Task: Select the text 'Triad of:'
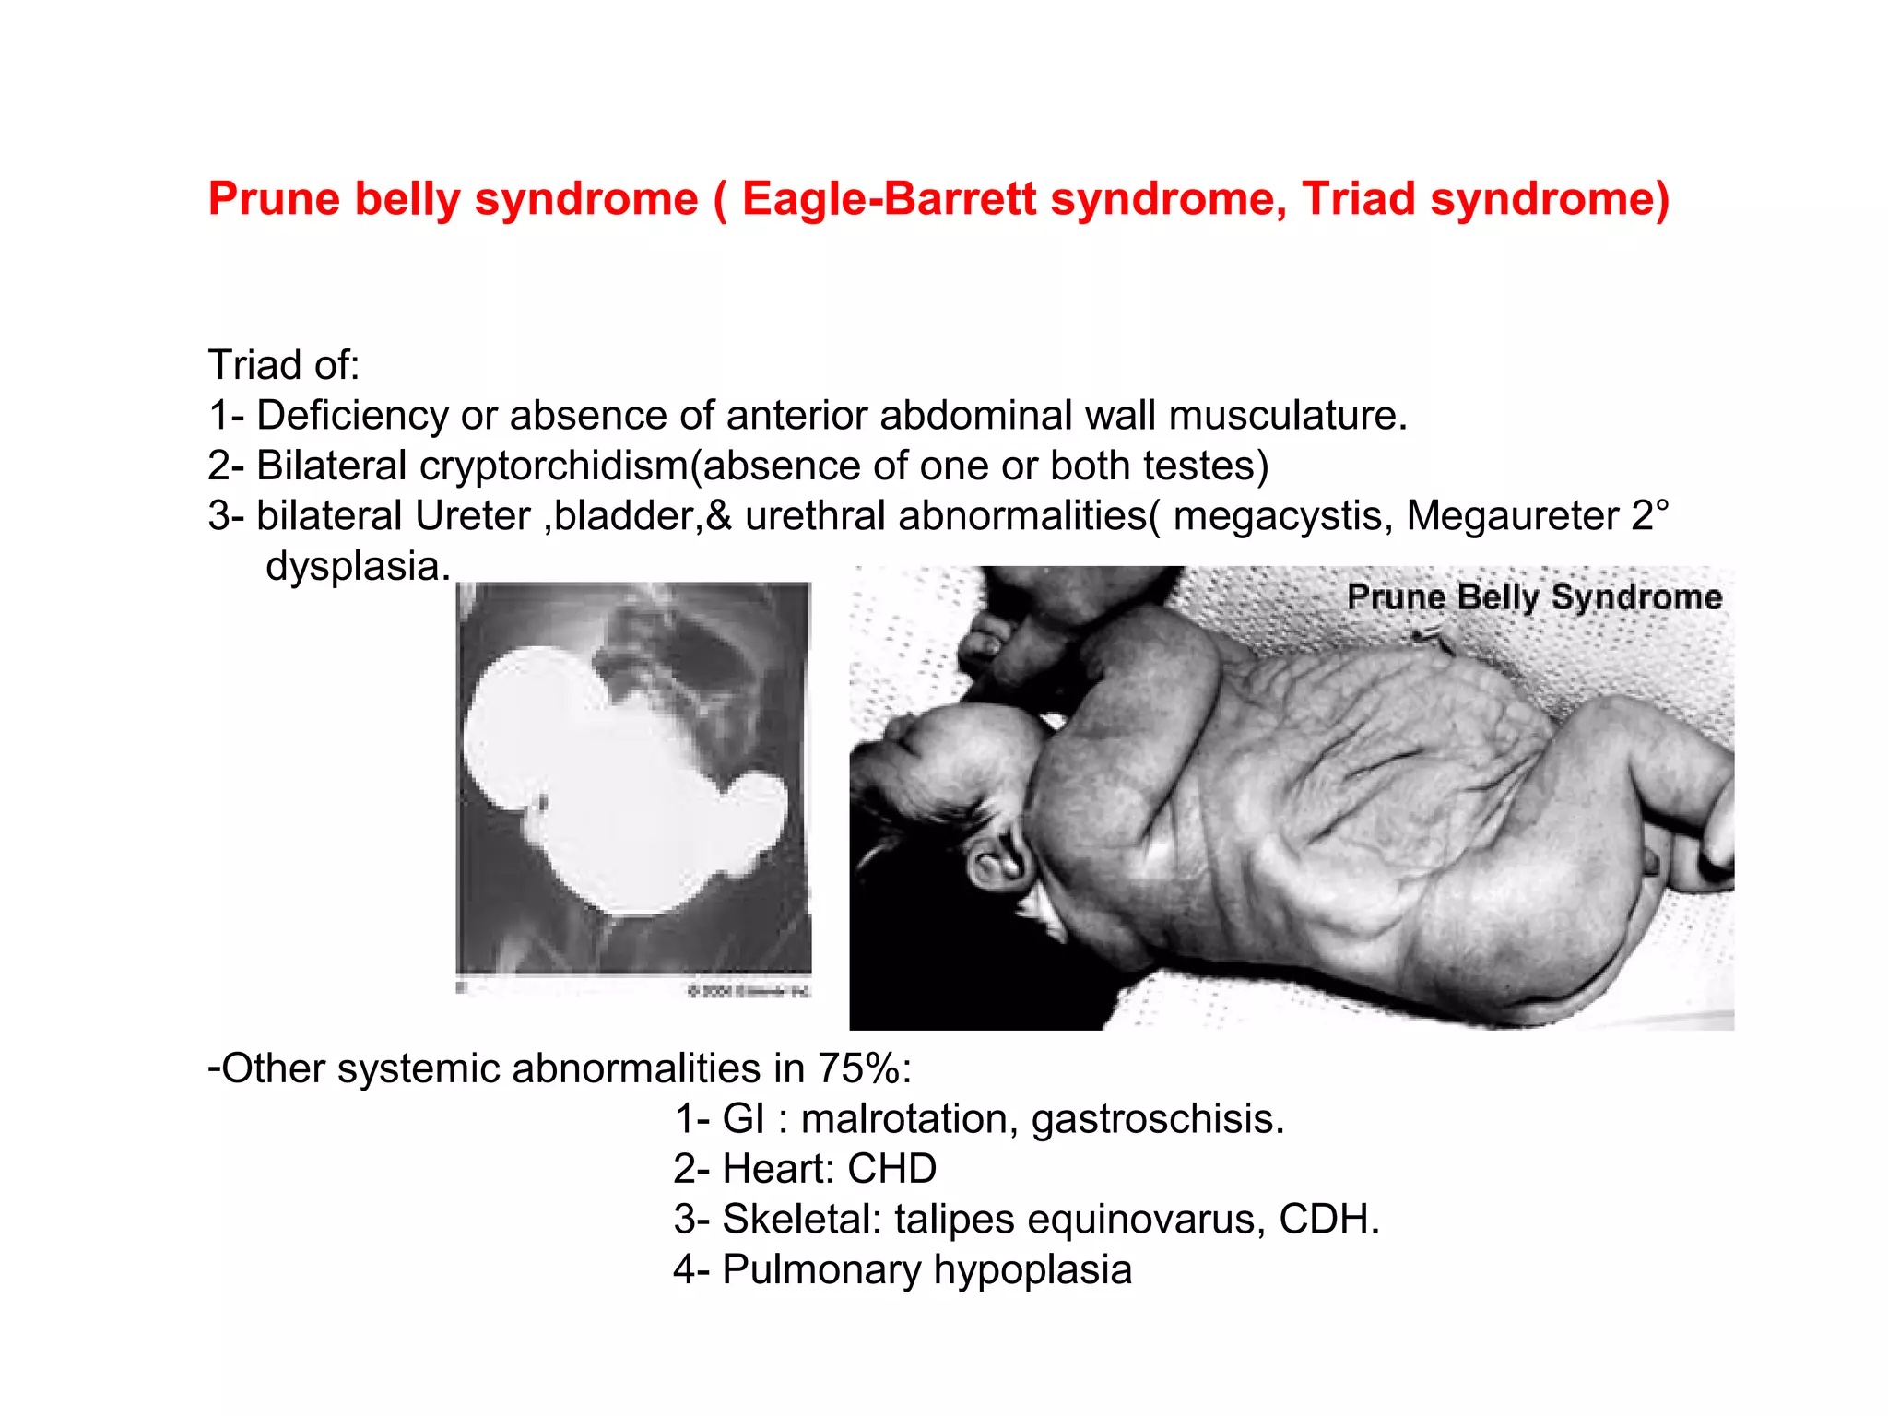(283, 365)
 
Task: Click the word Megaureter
(1512, 516)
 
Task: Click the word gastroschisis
(1157, 1119)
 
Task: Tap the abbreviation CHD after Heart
(891, 1169)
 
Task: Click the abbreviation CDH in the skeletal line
(1327, 1220)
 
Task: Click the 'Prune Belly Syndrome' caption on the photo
(1534, 597)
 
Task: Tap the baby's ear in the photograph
(997, 857)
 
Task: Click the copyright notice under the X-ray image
(748, 991)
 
